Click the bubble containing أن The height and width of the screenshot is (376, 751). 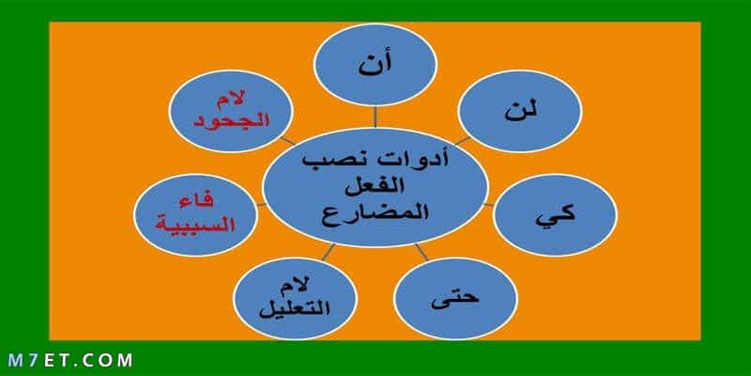[375, 64]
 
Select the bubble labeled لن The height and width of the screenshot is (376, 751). [520, 111]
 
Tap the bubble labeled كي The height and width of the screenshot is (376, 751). [555, 214]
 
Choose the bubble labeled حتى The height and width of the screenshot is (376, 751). [455, 298]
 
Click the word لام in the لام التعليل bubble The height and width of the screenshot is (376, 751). [298, 288]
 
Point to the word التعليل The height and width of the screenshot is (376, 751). [295, 308]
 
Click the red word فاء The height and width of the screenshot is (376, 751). [196, 202]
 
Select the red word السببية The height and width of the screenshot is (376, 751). [196, 224]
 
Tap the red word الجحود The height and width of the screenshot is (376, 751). [231, 120]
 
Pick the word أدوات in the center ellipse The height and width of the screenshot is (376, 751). [424, 160]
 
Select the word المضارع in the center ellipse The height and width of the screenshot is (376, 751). [375, 213]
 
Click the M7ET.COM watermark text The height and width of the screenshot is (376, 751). [69, 360]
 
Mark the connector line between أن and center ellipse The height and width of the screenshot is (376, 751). [375, 117]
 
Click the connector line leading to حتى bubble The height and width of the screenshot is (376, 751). [421, 252]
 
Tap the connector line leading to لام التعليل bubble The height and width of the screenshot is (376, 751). [329, 252]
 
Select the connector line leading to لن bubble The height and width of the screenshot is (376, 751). [462, 140]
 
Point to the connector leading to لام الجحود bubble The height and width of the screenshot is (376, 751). [288, 140]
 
